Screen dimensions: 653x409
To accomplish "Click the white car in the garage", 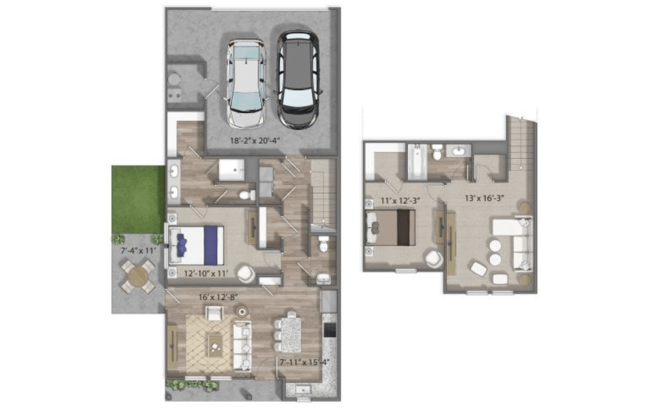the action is (x=246, y=84).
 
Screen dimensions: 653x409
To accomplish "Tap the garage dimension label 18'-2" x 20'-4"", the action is (x=255, y=140).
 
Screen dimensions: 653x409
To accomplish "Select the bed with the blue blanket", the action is (x=196, y=245).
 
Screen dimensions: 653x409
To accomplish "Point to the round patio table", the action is (x=138, y=275).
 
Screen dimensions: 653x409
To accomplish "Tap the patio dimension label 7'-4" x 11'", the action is (x=135, y=251).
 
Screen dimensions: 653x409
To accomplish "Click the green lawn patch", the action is (x=138, y=199).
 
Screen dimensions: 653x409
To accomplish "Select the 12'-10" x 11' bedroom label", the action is (x=205, y=273).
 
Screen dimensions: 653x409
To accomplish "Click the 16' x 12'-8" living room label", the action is (x=218, y=297).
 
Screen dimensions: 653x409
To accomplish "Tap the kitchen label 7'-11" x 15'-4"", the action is (x=304, y=363).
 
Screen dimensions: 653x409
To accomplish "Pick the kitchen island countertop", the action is (x=291, y=334).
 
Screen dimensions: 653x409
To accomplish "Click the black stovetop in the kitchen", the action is (x=329, y=329).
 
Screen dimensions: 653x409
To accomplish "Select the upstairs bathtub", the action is (x=417, y=162).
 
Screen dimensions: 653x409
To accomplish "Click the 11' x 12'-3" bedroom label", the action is (x=400, y=201).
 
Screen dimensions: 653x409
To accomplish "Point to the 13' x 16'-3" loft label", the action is (x=484, y=198).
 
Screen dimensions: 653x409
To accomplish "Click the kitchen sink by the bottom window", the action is (x=303, y=390).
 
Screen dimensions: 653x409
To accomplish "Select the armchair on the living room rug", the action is (x=214, y=313).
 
